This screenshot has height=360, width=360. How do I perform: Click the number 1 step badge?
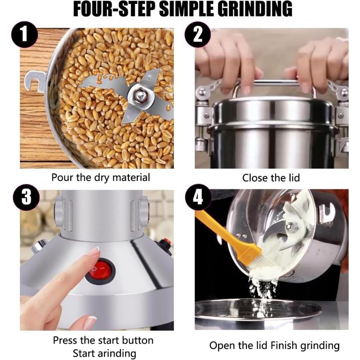coord(25,35)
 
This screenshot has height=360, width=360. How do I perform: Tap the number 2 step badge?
coord(198,35)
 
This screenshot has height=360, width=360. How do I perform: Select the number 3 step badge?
coord(26,197)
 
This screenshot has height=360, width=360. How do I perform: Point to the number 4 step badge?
coord(198,197)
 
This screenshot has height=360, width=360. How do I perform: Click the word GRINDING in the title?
coord(255,9)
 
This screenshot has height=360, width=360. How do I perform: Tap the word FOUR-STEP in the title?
coord(114,9)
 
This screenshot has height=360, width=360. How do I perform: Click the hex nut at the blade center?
coord(139,95)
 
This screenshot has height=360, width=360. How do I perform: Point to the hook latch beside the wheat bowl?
coord(35,82)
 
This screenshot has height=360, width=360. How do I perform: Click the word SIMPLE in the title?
coord(186,9)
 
